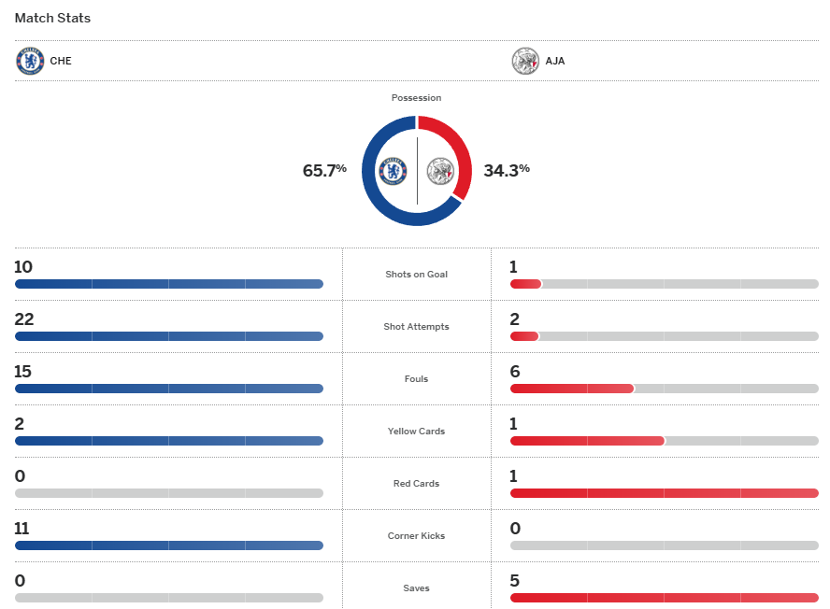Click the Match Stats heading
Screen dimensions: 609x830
(52, 18)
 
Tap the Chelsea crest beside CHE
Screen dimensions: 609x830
(30, 61)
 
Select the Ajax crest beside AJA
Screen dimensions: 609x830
(525, 61)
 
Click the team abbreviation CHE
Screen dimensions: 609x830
(61, 62)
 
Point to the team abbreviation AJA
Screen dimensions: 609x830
(555, 62)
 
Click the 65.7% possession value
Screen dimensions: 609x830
(324, 170)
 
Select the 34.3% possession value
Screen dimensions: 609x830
(507, 170)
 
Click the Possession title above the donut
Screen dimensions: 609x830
(417, 98)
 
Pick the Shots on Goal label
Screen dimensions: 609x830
(417, 275)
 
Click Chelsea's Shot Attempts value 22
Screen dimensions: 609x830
(23, 319)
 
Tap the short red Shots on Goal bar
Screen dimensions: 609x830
(525, 284)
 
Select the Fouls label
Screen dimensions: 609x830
(417, 379)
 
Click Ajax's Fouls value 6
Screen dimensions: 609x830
(514, 372)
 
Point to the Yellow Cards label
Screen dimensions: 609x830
(417, 432)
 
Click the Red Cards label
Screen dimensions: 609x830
(417, 484)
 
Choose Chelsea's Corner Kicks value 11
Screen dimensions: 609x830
(23, 529)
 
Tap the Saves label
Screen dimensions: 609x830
(417, 588)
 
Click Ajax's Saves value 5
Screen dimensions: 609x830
(514, 581)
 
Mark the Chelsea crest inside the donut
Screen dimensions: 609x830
(394, 171)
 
